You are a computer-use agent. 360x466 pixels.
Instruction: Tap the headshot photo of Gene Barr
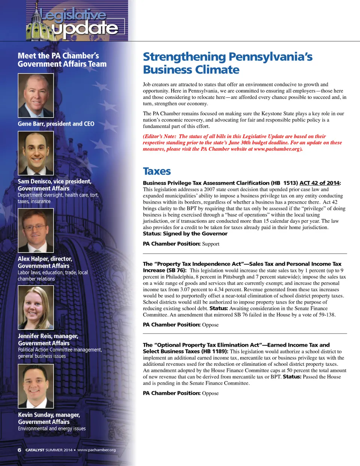[36, 95]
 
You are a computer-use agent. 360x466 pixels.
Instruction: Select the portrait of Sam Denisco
[36, 153]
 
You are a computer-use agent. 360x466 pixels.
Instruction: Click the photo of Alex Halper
[36, 230]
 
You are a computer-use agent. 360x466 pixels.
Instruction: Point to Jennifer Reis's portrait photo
[36, 308]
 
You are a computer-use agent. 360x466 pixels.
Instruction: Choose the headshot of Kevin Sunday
[36, 386]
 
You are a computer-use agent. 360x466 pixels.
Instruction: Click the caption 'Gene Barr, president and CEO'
[56, 124]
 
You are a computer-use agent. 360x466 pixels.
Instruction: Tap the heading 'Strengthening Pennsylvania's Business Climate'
[227, 63]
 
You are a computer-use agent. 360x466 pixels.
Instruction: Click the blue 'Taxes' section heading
[157, 171]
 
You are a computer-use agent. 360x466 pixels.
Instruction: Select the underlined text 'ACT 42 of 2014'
[319, 183]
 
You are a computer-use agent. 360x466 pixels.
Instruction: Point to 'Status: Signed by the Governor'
[185, 234]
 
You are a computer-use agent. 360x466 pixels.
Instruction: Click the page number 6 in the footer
[19, 450]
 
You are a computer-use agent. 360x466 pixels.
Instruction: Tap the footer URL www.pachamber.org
[96, 450]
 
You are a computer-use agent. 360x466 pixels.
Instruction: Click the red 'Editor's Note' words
[159, 137]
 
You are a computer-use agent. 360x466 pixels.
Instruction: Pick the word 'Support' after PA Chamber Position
[210, 244]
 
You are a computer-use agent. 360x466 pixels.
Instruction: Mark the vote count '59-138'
[325, 315]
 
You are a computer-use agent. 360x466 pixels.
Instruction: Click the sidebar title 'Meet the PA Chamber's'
[58, 56]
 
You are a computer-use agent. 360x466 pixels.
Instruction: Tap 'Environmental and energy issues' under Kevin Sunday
[52, 428]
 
